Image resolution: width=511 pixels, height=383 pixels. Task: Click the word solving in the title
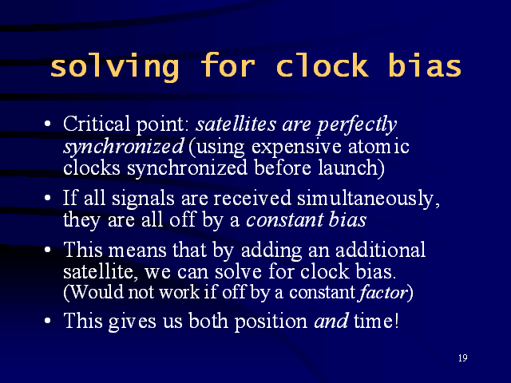tap(114, 67)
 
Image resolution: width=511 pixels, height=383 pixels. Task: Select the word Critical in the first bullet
tap(96, 124)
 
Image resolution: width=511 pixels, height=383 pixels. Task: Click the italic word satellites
tap(236, 124)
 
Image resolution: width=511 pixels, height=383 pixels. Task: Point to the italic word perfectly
tap(357, 125)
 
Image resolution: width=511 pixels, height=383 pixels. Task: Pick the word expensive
tap(296, 148)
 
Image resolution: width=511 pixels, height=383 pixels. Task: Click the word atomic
tap(378, 146)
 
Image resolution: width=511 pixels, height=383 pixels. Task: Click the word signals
tap(143, 199)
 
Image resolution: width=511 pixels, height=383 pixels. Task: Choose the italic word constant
tap(283, 220)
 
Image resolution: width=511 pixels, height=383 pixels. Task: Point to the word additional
tap(380, 250)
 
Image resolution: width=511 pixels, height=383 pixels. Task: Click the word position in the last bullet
tap(271, 322)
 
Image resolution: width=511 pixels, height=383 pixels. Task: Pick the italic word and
tap(331, 321)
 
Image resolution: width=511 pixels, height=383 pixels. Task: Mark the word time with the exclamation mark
tap(376, 321)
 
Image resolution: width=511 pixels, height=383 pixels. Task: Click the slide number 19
tap(463, 358)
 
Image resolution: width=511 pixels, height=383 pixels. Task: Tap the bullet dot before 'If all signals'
tap(48, 198)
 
